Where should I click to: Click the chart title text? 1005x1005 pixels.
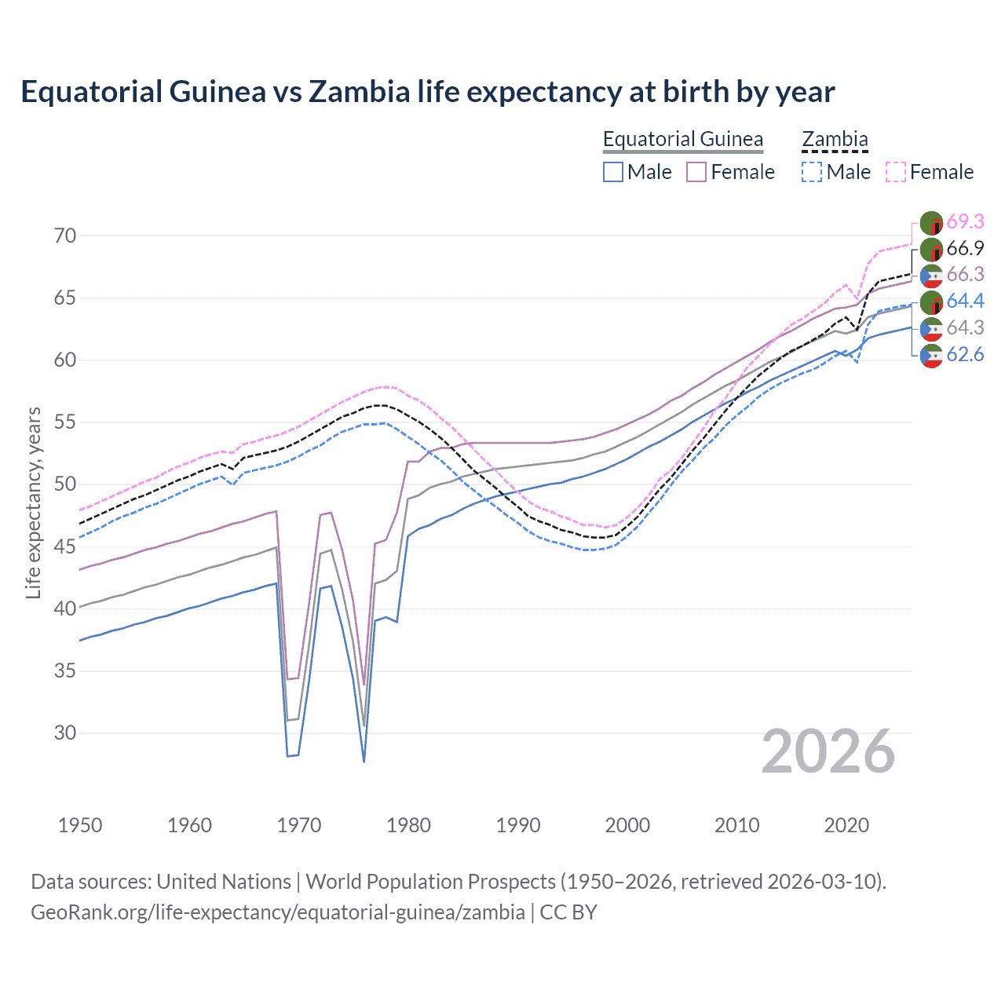tap(427, 92)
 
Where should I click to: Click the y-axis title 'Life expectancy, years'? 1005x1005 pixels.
tap(33, 502)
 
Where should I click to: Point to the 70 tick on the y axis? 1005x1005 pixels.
tap(65, 236)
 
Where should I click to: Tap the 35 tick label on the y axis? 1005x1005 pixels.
tap(65, 671)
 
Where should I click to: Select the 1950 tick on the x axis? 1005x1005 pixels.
tap(80, 825)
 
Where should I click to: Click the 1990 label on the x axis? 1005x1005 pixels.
tap(518, 825)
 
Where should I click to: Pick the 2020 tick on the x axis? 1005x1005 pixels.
tap(846, 825)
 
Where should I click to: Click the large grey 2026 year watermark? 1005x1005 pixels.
tap(828, 751)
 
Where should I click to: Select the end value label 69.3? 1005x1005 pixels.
tap(965, 222)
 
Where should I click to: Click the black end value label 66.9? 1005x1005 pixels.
tap(965, 249)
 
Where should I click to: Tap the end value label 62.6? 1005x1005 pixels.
tap(965, 355)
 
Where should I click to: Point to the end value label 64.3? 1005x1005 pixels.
tap(965, 328)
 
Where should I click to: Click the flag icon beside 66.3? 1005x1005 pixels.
tap(931, 276)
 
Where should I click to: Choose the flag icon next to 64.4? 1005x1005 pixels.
tap(931, 302)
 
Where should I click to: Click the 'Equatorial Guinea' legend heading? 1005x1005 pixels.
tap(682, 139)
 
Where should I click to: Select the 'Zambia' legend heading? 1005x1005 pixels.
tap(835, 139)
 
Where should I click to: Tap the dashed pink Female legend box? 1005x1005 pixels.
tap(896, 172)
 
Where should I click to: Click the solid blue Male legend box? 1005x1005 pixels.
tap(613, 172)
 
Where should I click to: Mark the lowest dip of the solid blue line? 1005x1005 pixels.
tap(364, 761)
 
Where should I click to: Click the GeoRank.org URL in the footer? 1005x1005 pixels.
tap(278, 912)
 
